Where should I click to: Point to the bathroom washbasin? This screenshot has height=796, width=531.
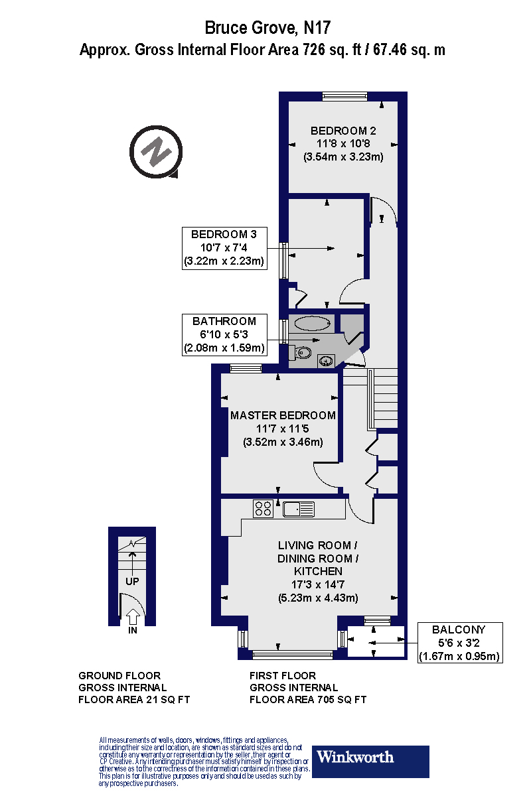click(x=327, y=361)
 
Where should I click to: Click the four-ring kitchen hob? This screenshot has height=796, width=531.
click(x=263, y=509)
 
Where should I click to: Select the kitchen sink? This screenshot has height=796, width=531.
click(x=298, y=509)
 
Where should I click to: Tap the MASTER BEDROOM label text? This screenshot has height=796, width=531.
click(x=283, y=415)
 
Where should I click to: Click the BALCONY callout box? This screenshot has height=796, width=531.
click(x=459, y=643)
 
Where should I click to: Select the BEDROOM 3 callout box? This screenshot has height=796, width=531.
click(x=224, y=247)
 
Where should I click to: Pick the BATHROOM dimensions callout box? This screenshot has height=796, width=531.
click(x=224, y=334)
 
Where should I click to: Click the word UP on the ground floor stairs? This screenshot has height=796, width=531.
click(x=132, y=580)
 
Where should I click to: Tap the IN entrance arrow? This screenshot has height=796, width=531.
click(x=133, y=620)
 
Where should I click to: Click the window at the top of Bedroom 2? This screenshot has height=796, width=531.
click(x=344, y=96)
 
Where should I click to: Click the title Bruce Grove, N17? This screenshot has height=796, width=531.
click(x=267, y=28)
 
